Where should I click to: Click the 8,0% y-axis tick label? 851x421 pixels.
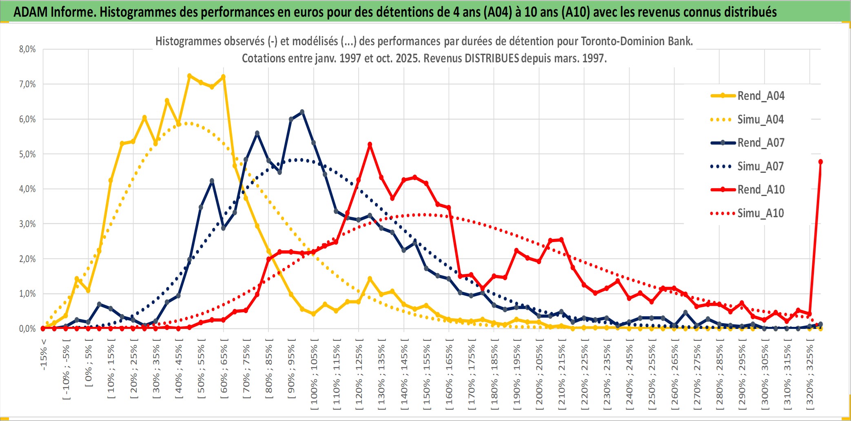(27, 49)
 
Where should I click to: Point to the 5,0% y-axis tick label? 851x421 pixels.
(27, 154)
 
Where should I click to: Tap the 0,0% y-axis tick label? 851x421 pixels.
(27, 328)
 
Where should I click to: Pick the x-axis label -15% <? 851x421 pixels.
(44, 355)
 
